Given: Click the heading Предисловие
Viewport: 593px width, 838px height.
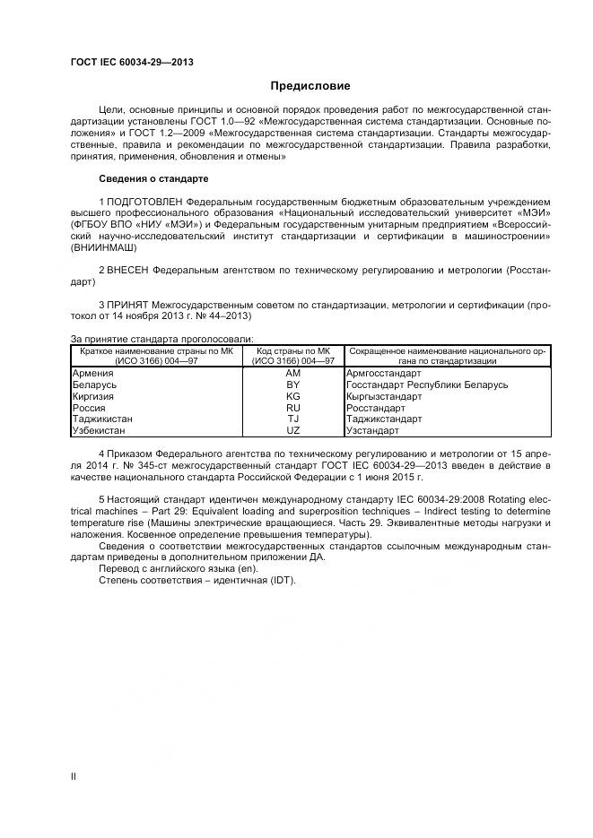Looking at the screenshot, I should click(310, 86).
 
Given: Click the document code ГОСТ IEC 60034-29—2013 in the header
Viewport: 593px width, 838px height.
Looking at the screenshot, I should click(132, 62).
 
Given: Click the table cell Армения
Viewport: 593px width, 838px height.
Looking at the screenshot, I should click(92, 373).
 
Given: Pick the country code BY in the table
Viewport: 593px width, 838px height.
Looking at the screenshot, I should click(293, 384).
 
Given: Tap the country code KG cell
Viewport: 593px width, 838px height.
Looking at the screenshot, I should click(293, 396).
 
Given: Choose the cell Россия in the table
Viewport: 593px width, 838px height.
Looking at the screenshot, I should click(89, 408).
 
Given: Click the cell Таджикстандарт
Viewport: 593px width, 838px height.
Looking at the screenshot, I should click(382, 419).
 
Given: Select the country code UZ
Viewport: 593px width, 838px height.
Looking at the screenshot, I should click(293, 430).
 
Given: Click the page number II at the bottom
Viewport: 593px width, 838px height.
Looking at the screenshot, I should click(74, 776).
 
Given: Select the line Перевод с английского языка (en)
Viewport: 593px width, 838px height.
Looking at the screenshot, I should click(179, 568).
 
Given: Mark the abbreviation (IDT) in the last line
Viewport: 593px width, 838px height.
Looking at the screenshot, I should click(282, 580).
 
